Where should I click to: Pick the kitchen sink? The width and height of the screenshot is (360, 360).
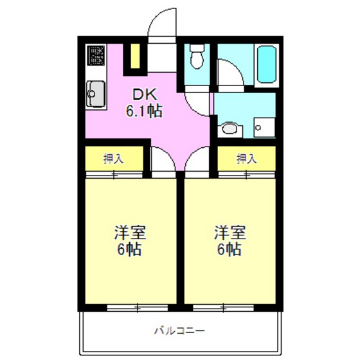pyautogui.click(x=95, y=95)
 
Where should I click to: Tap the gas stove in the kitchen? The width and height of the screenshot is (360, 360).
pyautogui.click(x=96, y=55)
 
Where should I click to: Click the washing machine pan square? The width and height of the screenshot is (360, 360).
pyautogui.click(x=263, y=127)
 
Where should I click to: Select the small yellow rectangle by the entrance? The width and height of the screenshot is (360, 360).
pyautogui.click(x=136, y=55)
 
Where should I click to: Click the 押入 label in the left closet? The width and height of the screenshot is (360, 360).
pyautogui.click(x=114, y=159)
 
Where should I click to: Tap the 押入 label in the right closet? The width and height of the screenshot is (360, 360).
pyautogui.click(x=246, y=159)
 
